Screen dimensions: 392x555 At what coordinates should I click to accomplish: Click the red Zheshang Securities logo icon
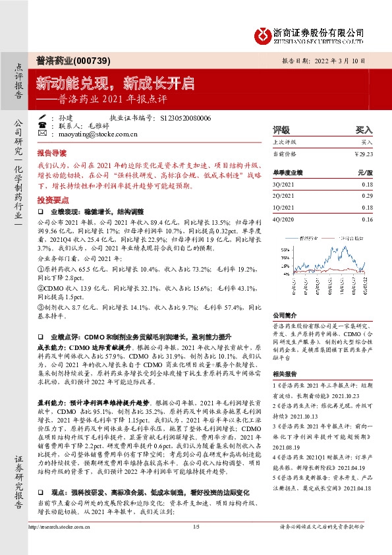point(263,33)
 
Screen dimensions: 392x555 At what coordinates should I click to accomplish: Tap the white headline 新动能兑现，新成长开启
point(115,84)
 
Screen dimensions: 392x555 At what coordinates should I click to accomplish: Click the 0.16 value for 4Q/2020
point(368,218)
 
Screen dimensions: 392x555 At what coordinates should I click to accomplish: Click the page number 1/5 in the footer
point(196,544)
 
